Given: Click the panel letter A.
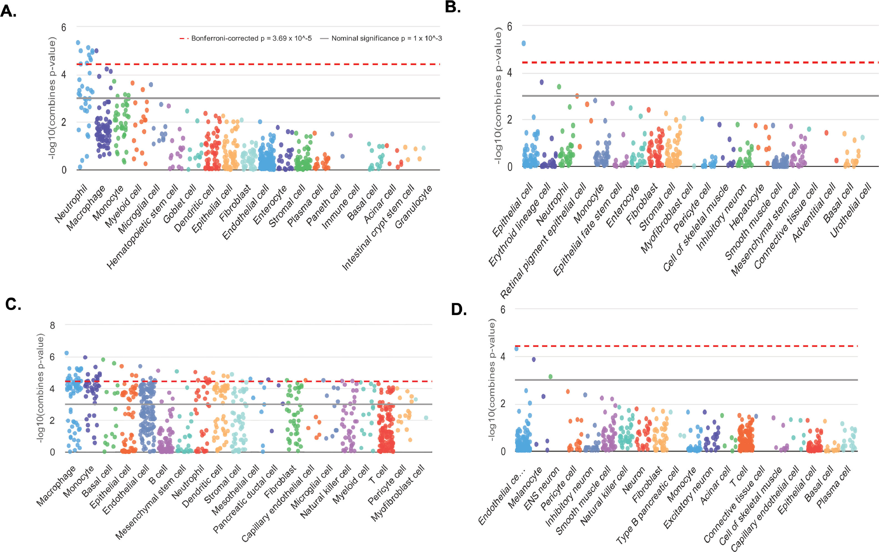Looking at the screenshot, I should coord(8,12).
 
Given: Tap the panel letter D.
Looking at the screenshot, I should coord(459,309).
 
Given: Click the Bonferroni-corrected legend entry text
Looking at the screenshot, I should coord(251,38).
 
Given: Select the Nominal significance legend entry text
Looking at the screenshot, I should coord(386,38).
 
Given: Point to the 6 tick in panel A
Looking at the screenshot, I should coord(64,27).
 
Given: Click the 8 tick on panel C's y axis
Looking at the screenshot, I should coord(52,325).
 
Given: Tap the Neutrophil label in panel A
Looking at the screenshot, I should coord(72,203).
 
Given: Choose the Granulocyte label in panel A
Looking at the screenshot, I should coord(414,206).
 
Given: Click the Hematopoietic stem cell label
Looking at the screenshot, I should coord(142,227).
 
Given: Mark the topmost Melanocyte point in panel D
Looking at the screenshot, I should coord(534,359).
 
